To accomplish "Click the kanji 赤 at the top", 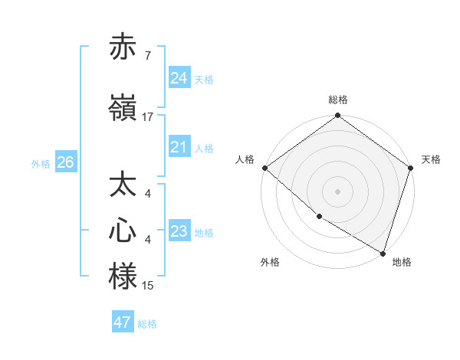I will (x=123, y=48).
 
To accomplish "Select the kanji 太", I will (x=123, y=186).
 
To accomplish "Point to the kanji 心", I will (x=123, y=231).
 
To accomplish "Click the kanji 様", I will (x=123, y=277).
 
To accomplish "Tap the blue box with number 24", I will (x=179, y=78).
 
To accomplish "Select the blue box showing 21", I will (x=179, y=147).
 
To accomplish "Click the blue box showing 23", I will (x=179, y=231).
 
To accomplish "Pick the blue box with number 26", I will (x=65, y=162).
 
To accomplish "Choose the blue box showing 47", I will (x=123, y=322).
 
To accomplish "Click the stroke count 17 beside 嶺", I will (x=147, y=117).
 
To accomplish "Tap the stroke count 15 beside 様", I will (x=147, y=286).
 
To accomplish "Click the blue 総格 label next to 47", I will (x=147, y=324).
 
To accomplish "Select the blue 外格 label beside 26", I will (x=41, y=163).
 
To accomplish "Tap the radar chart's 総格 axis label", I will (x=338, y=100).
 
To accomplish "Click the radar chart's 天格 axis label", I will (x=432, y=159).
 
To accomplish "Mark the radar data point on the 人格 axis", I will (x=264, y=168).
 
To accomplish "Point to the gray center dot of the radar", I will (x=338, y=191).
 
